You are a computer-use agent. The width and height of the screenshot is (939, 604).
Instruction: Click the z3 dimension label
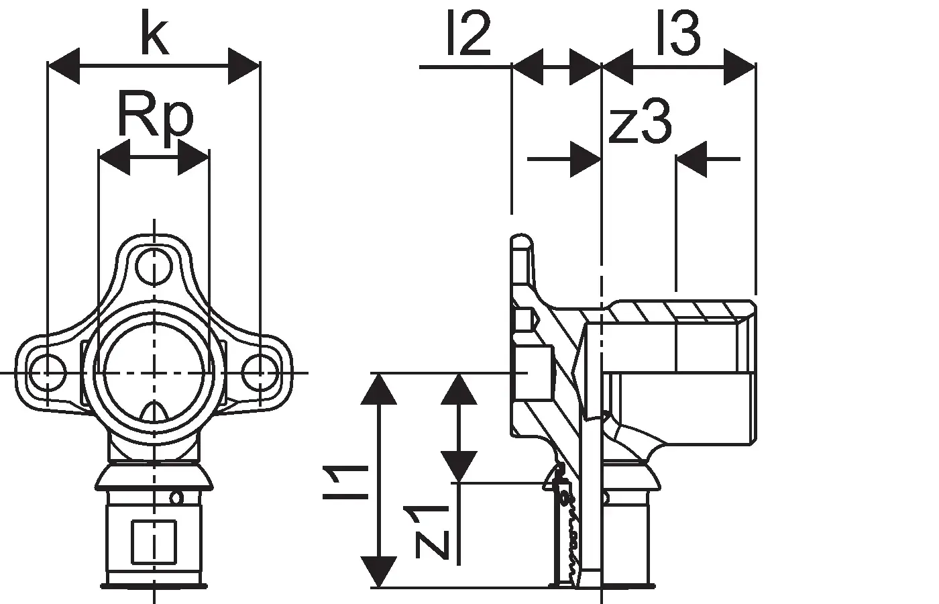tap(640, 121)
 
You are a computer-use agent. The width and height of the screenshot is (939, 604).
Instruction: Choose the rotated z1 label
tap(427, 533)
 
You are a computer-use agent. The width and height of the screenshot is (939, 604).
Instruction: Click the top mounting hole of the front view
tap(154, 267)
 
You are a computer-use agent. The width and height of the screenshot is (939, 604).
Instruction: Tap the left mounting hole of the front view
tap(48, 372)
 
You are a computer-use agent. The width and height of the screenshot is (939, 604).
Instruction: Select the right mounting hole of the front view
tap(260, 372)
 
